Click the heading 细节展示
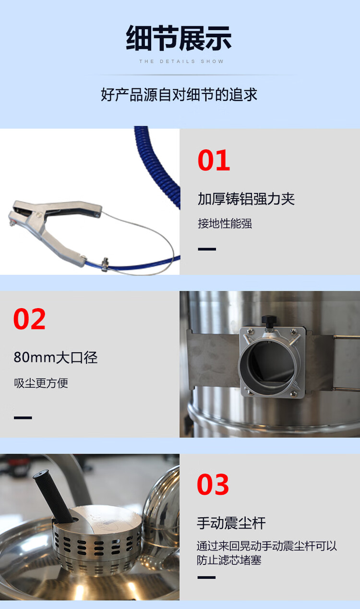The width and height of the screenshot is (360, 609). click(179, 38)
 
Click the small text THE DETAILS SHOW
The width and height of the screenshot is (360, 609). click(181, 61)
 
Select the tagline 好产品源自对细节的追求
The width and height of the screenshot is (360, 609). click(179, 95)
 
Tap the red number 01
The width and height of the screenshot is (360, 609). click(214, 161)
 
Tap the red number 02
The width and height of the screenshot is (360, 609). click(29, 319)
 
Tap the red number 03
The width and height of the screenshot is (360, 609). click(213, 485)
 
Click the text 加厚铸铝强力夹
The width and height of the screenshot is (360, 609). click(246, 199)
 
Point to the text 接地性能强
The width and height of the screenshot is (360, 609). click(225, 224)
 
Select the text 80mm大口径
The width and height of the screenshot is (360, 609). click(56, 358)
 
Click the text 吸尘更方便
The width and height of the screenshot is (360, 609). click(41, 383)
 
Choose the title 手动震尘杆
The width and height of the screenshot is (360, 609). click(231, 523)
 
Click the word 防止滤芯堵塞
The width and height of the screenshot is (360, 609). click(229, 560)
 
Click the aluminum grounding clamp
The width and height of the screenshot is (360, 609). click(53, 221)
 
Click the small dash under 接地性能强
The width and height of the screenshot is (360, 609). click(207, 249)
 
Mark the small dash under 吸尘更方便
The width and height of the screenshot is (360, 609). click(23, 418)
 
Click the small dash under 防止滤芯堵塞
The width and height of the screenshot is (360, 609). click(206, 577)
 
